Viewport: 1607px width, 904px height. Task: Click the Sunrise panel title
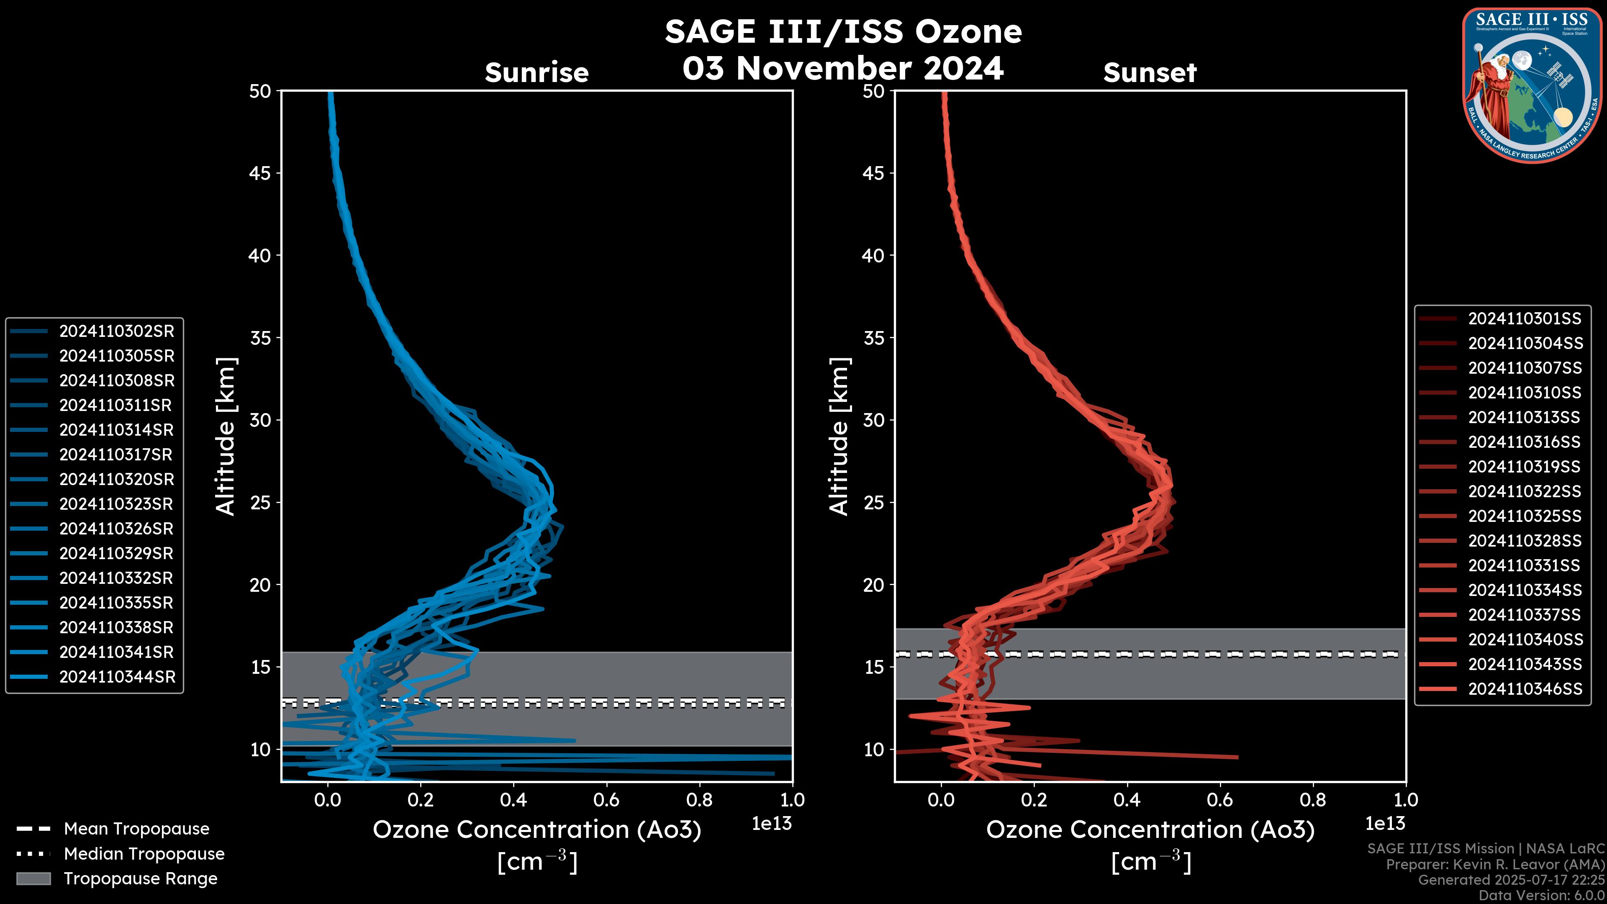pyautogui.click(x=537, y=72)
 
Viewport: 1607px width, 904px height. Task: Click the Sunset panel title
pyautogui.click(x=1150, y=72)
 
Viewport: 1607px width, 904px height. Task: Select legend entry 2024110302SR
pyautogui.click(x=117, y=331)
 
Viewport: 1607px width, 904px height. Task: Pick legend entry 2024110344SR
pyautogui.click(x=117, y=677)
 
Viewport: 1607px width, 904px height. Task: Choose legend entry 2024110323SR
pyautogui.click(x=117, y=504)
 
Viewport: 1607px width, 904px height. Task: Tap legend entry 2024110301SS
pyautogui.click(x=1525, y=319)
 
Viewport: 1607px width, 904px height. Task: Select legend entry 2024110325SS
pyautogui.click(x=1525, y=516)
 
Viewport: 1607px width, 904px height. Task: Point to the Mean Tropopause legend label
pyautogui.click(x=136, y=829)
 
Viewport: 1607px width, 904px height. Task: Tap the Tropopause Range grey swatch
pyautogui.click(x=33, y=878)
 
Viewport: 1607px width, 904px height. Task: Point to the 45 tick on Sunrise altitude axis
pyautogui.click(x=260, y=173)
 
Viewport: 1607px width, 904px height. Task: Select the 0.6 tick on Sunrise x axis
pyautogui.click(x=606, y=800)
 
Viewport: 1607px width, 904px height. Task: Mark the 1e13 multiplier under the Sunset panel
pyautogui.click(x=1385, y=824)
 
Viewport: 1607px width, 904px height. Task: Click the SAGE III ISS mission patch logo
pyautogui.click(x=1532, y=85)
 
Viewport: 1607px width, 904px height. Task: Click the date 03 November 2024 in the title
pyautogui.click(x=843, y=68)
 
